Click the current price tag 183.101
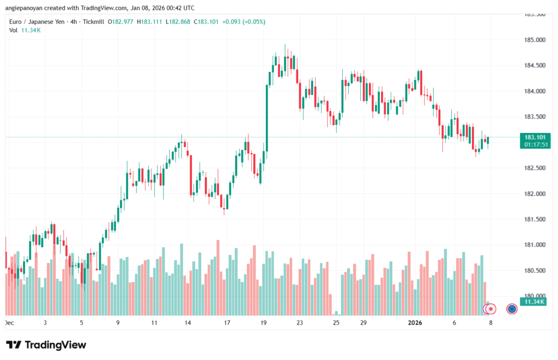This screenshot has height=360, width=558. point(534,137)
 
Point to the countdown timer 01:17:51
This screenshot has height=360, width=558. point(534,145)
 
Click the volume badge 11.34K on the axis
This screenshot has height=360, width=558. point(533,302)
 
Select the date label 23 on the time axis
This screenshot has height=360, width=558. point(299,322)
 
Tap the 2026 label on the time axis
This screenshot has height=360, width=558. point(416,322)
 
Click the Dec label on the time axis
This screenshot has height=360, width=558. point(9,322)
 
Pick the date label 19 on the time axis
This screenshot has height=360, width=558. point(263,322)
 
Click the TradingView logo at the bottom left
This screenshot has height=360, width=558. point(46,345)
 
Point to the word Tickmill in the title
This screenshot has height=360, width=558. point(93,21)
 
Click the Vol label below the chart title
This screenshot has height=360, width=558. point(14,30)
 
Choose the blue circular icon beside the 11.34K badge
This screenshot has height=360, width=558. point(512,309)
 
